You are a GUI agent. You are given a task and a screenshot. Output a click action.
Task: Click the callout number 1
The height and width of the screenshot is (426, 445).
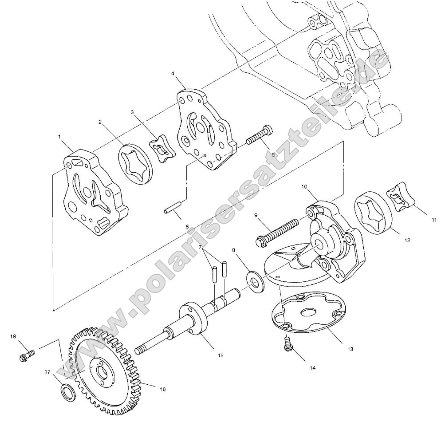pyautogui.click(x=60, y=137)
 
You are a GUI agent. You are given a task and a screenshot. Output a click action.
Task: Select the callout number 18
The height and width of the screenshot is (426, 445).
pyautogui.click(x=13, y=337)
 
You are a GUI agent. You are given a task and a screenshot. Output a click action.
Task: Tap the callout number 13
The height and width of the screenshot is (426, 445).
pyautogui.click(x=350, y=349)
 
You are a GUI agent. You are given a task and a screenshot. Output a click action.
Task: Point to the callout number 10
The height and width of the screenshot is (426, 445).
pyautogui.click(x=305, y=187)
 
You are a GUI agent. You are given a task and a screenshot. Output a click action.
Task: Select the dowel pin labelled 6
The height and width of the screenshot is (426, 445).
pyautogui.click(x=172, y=207)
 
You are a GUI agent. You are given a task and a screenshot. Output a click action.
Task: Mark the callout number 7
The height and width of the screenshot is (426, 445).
pyautogui.click(x=200, y=247)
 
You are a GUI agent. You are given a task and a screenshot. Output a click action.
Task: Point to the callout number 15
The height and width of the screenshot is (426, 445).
pyautogui.click(x=221, y=355)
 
